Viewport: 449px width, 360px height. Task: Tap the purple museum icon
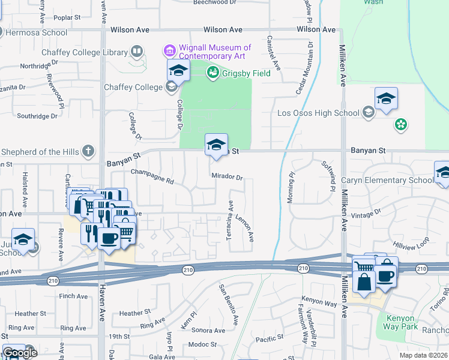point(170,49)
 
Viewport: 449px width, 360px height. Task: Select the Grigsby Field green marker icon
point(211,73)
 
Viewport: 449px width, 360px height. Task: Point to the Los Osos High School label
point(318,112)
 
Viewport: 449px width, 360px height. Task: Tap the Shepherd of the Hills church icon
point(88,151)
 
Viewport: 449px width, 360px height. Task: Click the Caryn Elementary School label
point(387,180)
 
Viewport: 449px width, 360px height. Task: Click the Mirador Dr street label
point(227,177)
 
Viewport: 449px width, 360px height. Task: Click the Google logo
point(20,353)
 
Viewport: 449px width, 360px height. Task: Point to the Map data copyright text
point(424,355)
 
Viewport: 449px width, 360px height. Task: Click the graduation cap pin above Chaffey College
point(178,71)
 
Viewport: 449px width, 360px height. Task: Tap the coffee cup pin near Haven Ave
point(108,238)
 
